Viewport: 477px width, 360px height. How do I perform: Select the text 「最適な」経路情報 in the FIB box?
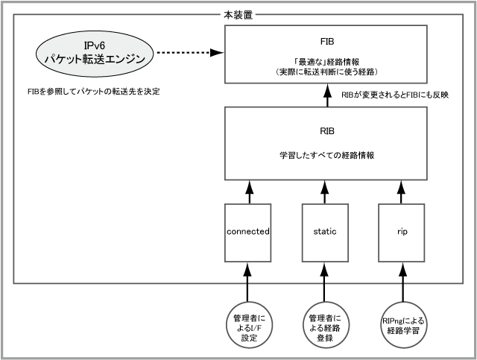click(x=325, y=62)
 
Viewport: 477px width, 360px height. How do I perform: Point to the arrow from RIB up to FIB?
click(x=325, y=95)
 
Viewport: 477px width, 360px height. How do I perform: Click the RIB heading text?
click(x=325, y=131)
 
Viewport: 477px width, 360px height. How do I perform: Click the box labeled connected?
click(x=247, y=232)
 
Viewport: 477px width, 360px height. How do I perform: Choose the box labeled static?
click(x=325, y=232)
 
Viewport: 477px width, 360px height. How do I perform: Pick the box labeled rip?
click(x=402, y=232)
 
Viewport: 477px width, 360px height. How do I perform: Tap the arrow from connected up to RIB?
click(x=247, y=192)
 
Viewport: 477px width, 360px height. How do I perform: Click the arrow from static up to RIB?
click(x=325, y=192)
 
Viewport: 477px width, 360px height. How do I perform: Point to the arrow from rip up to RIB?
click(x=402, y=192)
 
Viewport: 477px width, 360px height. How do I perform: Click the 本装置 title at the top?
click(x=238, y=14)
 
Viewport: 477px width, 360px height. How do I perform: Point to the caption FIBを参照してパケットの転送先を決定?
click(x=92, y=92)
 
